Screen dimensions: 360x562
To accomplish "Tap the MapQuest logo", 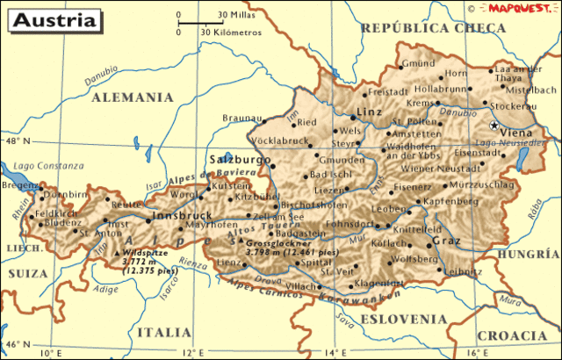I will (520, 7).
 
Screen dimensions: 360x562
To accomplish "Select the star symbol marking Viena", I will (494, 126).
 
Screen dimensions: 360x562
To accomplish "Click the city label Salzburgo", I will (240, 159).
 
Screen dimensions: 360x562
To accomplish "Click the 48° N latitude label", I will (16, 140).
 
